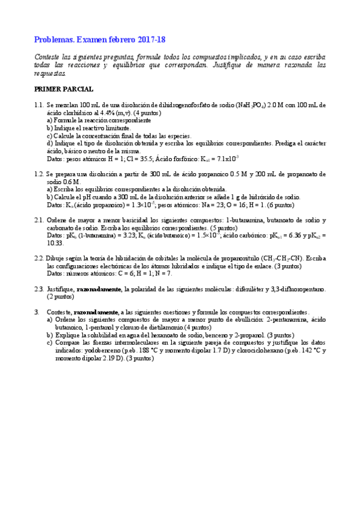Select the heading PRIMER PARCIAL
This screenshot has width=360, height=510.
tap(64, 90)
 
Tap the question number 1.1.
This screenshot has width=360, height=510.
tap(40, 105)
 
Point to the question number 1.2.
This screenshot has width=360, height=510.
tap(40, 174)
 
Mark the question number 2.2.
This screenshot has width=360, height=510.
tap(40, 258)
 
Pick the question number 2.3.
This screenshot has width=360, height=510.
tap(40, 289)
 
